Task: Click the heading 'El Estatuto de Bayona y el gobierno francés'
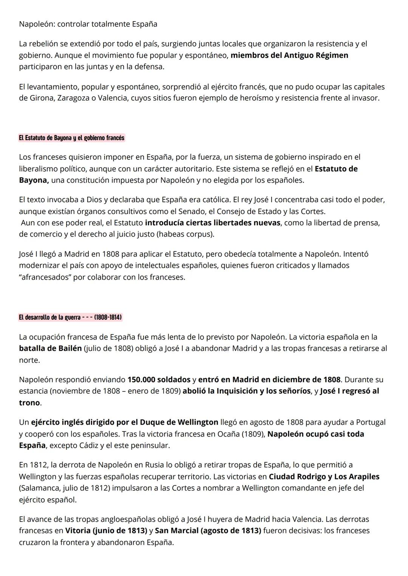71,138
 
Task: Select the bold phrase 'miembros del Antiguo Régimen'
289,55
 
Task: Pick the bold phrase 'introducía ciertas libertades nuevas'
213,223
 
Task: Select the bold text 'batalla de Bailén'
50,348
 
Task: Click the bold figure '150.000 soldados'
159,379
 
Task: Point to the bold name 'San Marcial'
176,531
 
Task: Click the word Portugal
371,422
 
